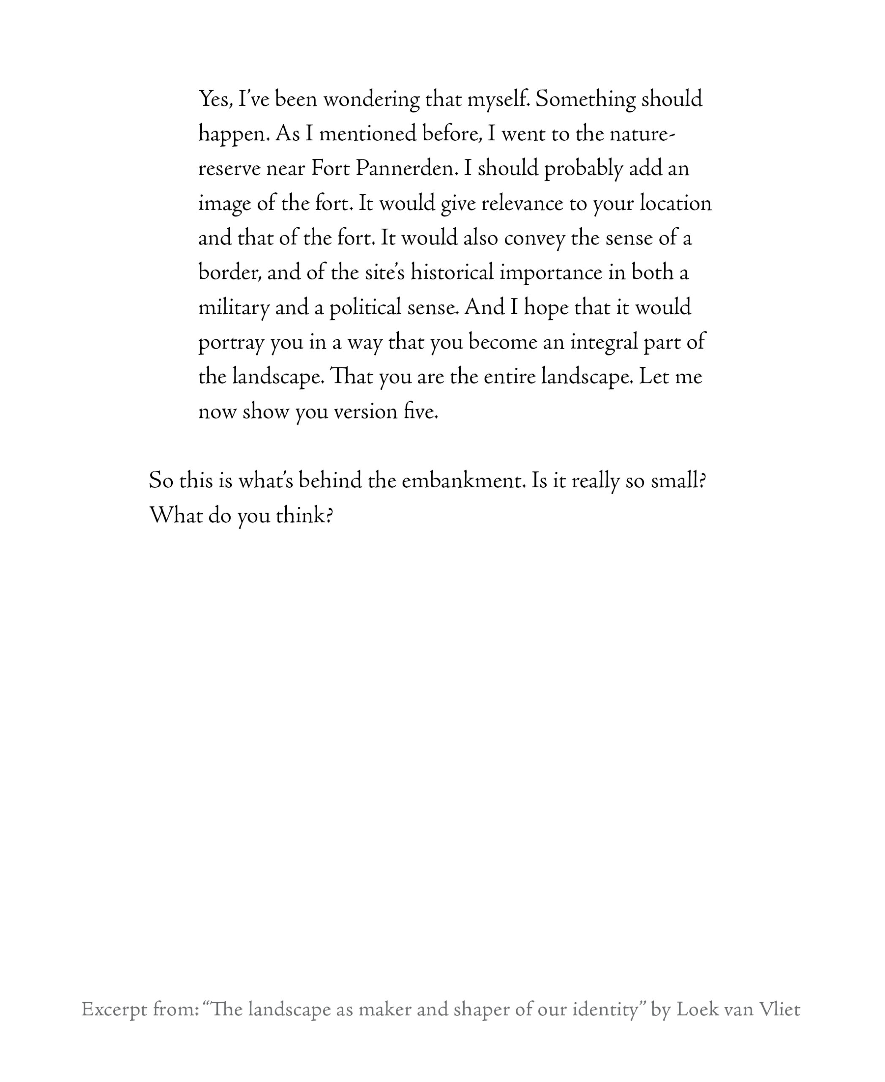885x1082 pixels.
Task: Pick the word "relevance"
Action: [522, 204]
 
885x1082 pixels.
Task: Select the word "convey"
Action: [534, 239]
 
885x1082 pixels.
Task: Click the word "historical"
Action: [452, 273]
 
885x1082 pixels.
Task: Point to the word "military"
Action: [234, 308]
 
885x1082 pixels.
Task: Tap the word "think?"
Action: [304, 516]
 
